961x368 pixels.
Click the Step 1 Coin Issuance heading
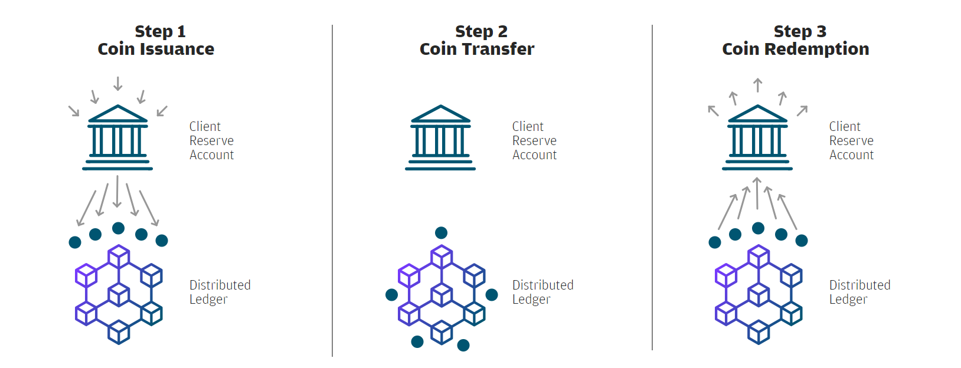tap(156, 40)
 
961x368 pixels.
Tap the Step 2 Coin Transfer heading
tap(477, 40)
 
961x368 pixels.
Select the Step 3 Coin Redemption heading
tap(796, 40)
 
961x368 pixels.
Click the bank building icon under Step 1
tap(117, 137)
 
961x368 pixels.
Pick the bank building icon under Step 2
tap(440, 137)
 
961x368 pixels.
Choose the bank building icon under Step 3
tap(757, 137)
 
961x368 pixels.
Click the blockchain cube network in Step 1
tap(119, 295)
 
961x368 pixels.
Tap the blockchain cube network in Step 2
tap(442, 295)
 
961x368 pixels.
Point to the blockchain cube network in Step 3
tap(759, 295)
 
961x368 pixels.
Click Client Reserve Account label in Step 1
tap(211, 140)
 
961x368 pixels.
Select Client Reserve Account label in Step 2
tap(534, 140)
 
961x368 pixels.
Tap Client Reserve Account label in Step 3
tap(851, 140)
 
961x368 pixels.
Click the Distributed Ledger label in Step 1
tap(220, 292)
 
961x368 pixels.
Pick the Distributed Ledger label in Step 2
tap(542, 292)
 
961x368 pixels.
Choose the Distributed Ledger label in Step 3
tap(859, 292)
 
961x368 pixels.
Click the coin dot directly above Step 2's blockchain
tap(441, 232)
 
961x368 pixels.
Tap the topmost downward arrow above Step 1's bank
tap(118, 84)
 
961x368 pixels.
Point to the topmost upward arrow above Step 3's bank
tap(758, 85)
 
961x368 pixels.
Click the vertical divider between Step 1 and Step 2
tap(332, 190)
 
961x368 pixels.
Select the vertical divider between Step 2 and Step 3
tap(652, 188)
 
